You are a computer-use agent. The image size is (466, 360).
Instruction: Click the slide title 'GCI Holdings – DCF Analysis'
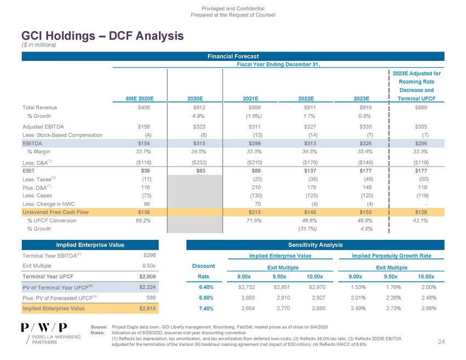94,36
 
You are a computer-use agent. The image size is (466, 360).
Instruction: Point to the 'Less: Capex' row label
37,196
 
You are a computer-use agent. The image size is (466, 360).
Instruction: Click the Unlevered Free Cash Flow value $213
253,212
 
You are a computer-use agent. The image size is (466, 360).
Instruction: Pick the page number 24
441,342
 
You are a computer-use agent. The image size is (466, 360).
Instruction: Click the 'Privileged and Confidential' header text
233,9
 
